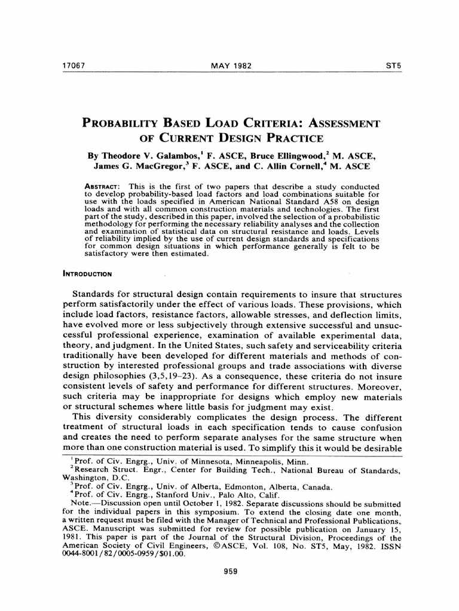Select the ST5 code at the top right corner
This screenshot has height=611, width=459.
(x=392, y=64)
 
